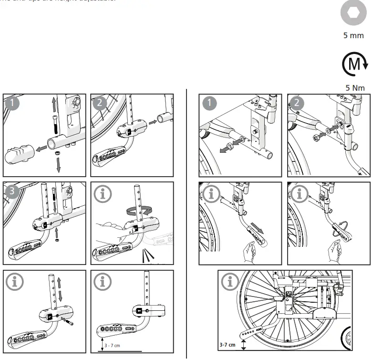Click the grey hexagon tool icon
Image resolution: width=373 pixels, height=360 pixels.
coord(353,13)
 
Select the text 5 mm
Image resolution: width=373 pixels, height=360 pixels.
coord(353,35)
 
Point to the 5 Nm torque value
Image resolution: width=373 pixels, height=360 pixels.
coord(354,88)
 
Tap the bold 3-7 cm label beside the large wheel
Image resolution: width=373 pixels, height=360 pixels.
coord(228,344)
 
